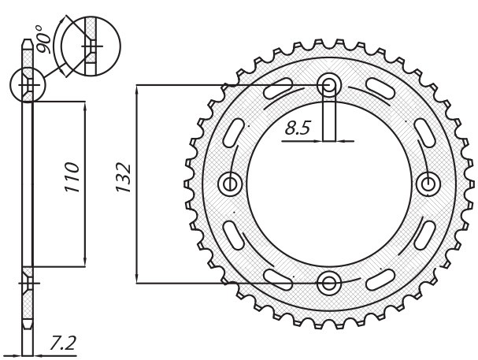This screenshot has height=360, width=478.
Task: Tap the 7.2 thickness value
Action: pyautogui.click(x=62, y=343)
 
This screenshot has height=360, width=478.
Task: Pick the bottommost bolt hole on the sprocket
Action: pyautogui.click(x=328, y=281)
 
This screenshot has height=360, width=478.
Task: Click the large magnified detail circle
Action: pyautogui.click(x=89, y=46)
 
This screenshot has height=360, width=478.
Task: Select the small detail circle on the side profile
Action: pyautogui.click(x=28, y=84)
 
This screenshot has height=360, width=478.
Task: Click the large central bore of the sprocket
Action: pyautogui.click(x=328, y=183)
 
